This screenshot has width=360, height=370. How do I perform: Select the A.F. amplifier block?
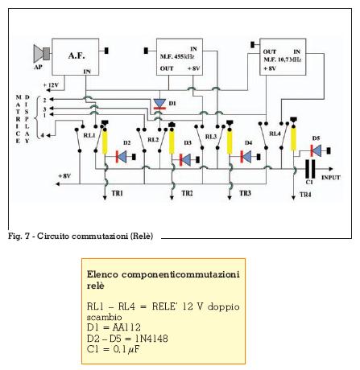(75, 56)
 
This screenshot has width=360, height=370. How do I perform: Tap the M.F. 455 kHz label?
(177, 56)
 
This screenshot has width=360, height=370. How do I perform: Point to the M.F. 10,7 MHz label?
(282, 60)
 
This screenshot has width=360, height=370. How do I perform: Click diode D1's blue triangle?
(159, 103)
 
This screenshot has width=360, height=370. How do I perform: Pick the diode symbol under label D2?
(121, 157)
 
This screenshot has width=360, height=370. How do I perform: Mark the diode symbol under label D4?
(246, 157)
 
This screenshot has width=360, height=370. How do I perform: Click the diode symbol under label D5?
(316, 150)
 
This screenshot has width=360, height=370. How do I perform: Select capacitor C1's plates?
(310, 169)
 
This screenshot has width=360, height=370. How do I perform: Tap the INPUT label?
(331, 178)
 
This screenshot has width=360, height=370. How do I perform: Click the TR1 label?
(118, 193)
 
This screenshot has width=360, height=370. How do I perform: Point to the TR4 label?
(305, 195)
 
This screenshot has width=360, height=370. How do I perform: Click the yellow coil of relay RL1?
(105, 141)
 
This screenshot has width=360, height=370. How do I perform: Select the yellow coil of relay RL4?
(294, 138)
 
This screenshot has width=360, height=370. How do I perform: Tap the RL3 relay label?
(211, 137)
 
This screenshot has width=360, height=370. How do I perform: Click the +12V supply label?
(51, 85)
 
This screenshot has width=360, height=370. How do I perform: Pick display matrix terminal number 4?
(43, 136)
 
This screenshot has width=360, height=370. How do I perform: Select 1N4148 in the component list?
(151, 339)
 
